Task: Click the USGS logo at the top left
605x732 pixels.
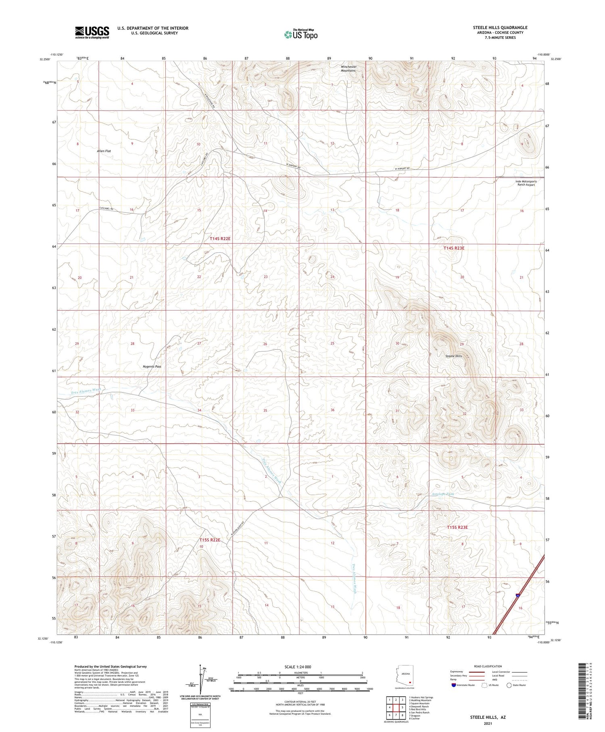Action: (92, 32)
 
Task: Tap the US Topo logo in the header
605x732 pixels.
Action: (301, 35)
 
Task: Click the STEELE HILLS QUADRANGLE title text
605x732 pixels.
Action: (500, 27)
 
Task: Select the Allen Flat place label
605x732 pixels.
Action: (104, 151)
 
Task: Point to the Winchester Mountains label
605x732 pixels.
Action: (348, 69)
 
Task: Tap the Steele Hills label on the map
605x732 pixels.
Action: (453, 356)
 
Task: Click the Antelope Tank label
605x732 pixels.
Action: (442, 494)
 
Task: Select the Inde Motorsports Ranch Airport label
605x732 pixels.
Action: (526, 183)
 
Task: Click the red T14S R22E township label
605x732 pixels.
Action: (220, 239)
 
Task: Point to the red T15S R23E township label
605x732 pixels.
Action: (457, 527)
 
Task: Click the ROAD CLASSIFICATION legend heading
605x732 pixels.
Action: (488, 666)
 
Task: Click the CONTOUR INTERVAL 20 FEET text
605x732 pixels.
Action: (300, 702)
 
